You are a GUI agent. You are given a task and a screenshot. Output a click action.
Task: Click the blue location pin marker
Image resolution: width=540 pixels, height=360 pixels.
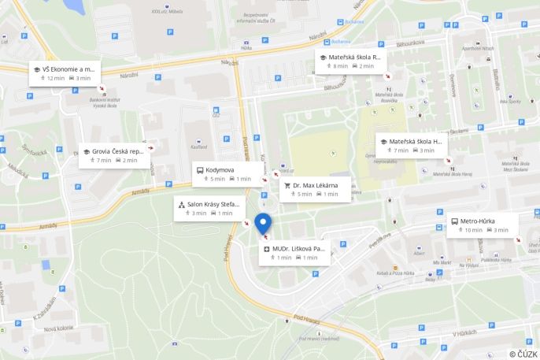(x=264, y=223)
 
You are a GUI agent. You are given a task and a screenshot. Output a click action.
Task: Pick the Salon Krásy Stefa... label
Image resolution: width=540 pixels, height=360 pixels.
(x=213, y=204)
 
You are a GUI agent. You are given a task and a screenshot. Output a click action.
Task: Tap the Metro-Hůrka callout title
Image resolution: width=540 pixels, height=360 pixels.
(x=477, y=221)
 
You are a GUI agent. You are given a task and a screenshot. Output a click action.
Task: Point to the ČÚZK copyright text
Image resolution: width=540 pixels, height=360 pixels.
(x=523, y=354)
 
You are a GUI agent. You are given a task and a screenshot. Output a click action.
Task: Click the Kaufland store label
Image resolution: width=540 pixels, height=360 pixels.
(x=198, y=147)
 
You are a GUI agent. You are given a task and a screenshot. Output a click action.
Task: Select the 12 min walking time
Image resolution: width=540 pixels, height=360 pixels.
(x=56, y=79)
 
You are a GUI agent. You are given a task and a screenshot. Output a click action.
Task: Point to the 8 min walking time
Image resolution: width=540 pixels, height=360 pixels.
(x=340, y=66)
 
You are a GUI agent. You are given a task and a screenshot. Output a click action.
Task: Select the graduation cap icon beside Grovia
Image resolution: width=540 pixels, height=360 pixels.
(x=86, y=151)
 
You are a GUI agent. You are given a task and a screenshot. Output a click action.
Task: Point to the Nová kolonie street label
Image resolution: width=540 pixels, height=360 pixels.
(x=57, y=328)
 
